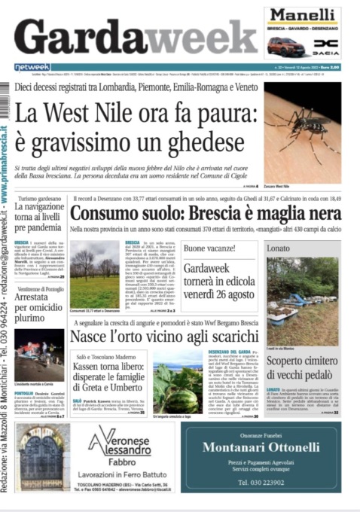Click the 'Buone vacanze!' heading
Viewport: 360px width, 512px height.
click(211, 248)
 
